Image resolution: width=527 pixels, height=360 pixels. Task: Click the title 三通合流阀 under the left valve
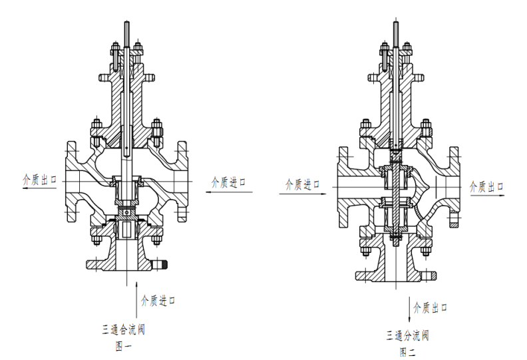pyautogui.click(x=124, y=329)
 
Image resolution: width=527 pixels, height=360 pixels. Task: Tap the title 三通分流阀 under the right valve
pyautogui.click(x=407, y=335)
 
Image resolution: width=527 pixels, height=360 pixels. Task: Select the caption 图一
pyautogui.click(x=124, y=346)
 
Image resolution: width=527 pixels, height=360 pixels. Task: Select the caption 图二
pyautogui.click(x=408, y=352)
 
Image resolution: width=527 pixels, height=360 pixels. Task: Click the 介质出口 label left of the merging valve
pyautogui.click(x=39, y=180)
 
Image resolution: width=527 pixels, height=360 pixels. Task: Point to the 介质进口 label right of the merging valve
pyautogui.click(x=228, y=182)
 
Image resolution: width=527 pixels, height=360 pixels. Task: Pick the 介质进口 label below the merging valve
pyautogui.click(x=158, y=300)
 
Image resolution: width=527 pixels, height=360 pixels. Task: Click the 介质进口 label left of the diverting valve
pyautogui.click(x=303, y=184)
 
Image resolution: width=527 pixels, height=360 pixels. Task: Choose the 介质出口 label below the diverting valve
pyautogui.click(x=431, y=307)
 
